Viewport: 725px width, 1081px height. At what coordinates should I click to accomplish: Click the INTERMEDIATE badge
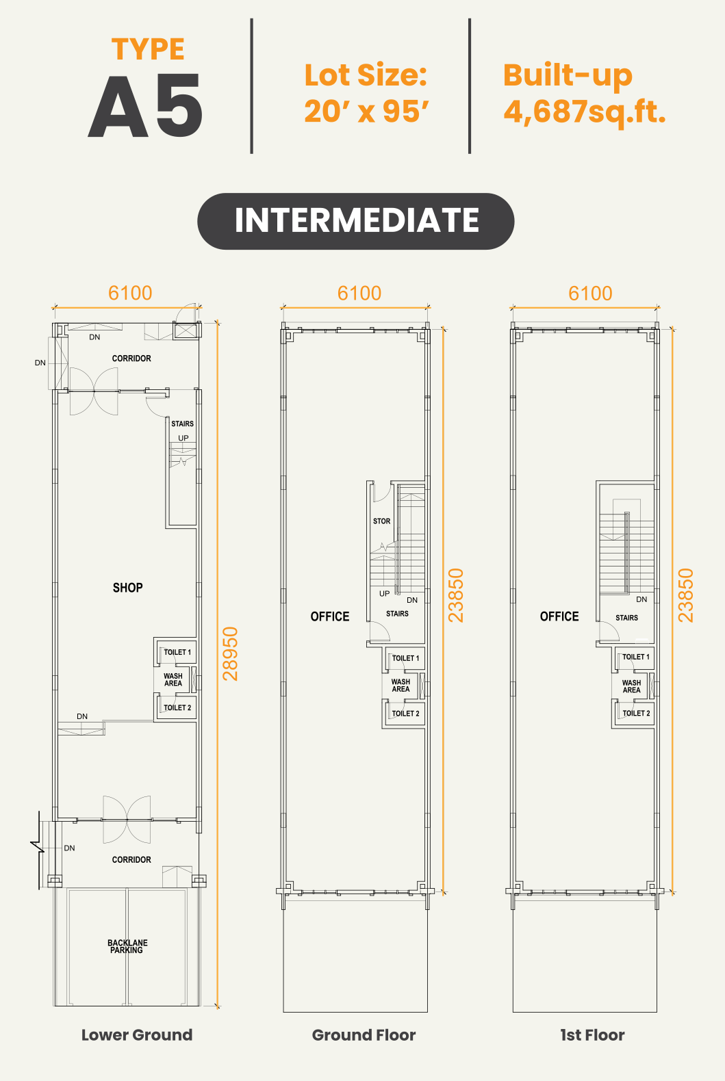click(355, 221)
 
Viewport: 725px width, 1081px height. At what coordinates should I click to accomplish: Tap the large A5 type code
click(145, 105)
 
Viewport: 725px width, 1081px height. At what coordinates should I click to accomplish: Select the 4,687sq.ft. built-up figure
click(585, 112)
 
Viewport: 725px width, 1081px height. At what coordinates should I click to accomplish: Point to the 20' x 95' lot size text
click(366, 112)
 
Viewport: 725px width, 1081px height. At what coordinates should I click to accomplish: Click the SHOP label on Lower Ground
click(127, 587)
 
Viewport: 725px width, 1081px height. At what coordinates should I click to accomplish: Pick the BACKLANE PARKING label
click(127, 946)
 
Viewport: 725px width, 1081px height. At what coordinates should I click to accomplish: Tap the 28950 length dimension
click(230, 653)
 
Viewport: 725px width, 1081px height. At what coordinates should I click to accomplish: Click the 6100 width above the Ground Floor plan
click(359, 293)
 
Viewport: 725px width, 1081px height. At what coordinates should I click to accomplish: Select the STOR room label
click(381, 521)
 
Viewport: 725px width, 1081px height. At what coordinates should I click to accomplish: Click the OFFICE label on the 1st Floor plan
click(559, 616)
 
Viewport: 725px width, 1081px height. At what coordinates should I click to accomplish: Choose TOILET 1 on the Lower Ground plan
click(177, 652)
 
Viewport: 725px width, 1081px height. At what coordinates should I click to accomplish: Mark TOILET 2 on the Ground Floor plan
click(406, 714)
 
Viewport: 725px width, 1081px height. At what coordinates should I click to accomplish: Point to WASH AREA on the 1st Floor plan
click(631, 686)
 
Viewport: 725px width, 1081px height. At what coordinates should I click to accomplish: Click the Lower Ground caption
click(137, 1034)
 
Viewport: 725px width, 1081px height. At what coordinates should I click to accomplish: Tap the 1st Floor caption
click(592, 1034)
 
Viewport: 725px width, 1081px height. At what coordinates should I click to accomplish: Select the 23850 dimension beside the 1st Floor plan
click(685, 595)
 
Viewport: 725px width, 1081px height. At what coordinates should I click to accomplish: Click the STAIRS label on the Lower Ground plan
click(183, 424)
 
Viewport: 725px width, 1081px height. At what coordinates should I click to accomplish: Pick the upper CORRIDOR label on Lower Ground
click(131, 358)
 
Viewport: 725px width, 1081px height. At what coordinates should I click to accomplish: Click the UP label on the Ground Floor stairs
click(385, 594)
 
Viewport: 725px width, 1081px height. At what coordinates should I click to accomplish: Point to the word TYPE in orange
click(148, 49)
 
